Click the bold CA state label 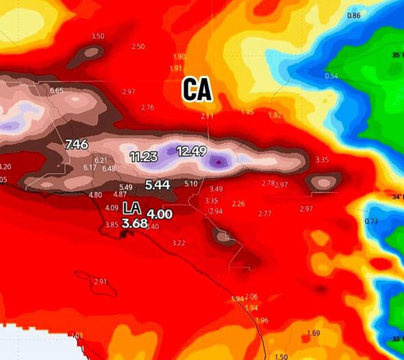tap(197, 90)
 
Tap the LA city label tap(132, 208)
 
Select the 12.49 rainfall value tap(191, 151)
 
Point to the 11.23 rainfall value tap(144, 157)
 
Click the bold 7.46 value tap(76, 144)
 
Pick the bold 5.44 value tap(159, 184)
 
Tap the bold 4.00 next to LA tap(160, 214)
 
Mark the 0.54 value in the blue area tap(331, 76)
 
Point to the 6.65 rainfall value tap(57, 90)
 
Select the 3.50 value tap(98, 36)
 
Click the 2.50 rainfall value tap(138, 47)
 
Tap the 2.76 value tap(147, 107)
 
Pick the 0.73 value tap(372, 221)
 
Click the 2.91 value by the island tap(101, 281)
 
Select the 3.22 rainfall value tap(179, 243)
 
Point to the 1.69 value tap(314, 333)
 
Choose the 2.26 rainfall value tap(238, 204)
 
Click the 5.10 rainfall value tap(191, 183)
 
